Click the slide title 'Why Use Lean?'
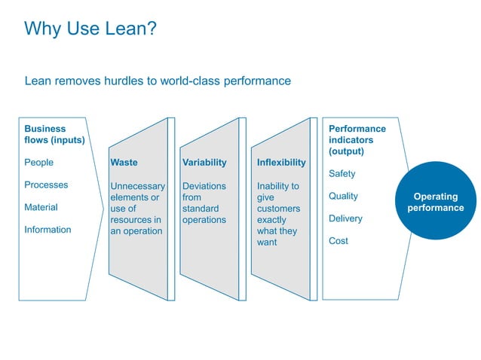tap(90, 29)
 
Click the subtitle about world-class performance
tap(158, 81)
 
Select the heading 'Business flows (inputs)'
tap(54, 134)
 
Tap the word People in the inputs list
tap(39, 163)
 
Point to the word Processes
tap(46, 185)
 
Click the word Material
tap(41, 208)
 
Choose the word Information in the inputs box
tap(47, 230)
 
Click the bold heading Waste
tap(124, 163)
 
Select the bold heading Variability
tap(204, 163)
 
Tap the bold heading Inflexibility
tap(281, 163)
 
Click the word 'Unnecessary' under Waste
tap(137, 186)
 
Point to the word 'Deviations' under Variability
tap(204, 186)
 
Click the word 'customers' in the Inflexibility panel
tap(278, 209)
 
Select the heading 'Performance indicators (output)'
tap(357, 139)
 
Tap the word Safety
tap(342, 174)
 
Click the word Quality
tap(344, 197)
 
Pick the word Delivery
tap(345, 219)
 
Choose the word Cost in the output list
tap(339, 241)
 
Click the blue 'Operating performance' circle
tap(436, 202)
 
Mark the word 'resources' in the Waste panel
tap(136, 220)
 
